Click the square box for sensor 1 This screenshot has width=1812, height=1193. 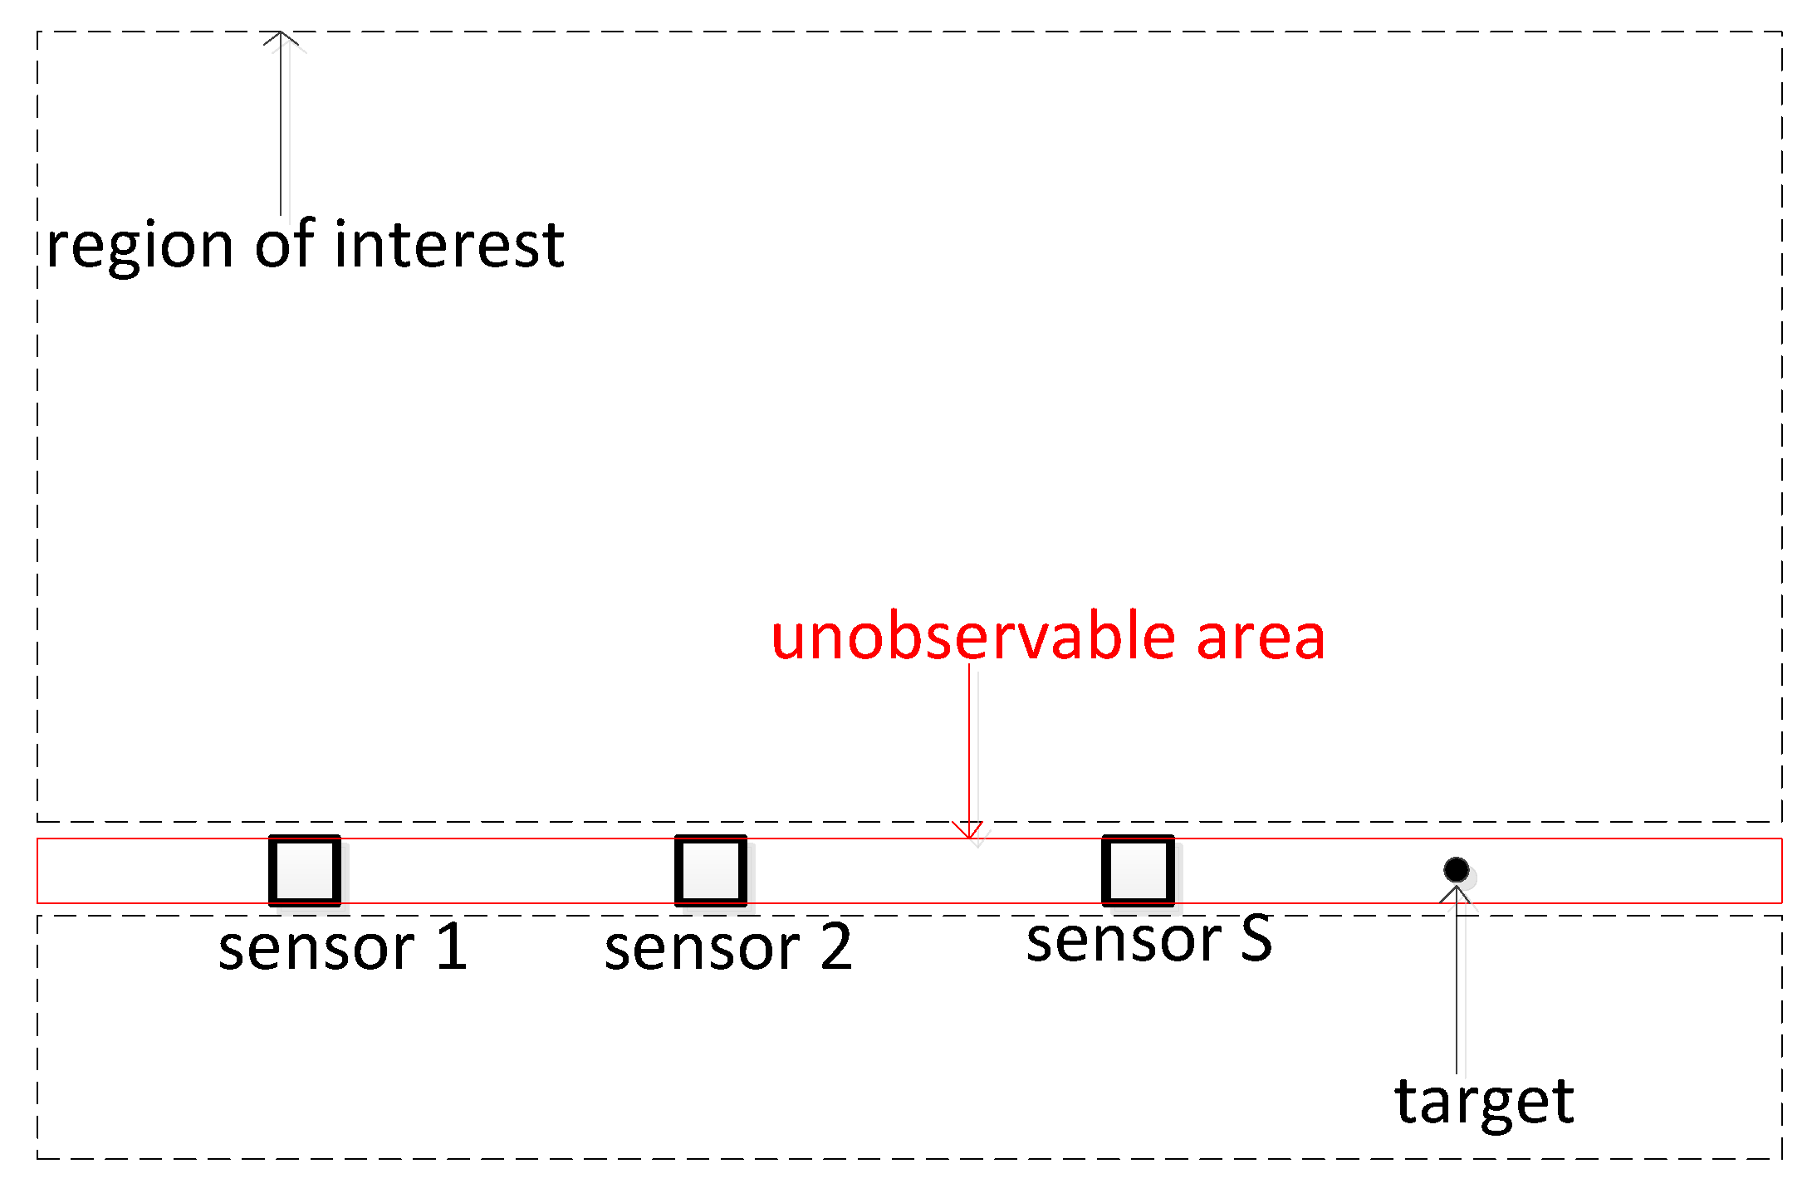305,870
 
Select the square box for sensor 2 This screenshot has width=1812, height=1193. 711,870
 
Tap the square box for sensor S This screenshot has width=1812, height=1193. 1139,870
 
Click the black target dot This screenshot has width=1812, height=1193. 1456,869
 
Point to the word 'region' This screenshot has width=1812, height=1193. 140,247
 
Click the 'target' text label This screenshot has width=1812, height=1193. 1484,1102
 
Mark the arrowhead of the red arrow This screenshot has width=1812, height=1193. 968,831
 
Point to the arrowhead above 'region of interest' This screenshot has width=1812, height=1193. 281,38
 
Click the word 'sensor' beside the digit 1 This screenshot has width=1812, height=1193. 316,948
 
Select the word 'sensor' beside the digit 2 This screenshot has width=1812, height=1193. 703,948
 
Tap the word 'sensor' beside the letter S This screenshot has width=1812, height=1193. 1124,941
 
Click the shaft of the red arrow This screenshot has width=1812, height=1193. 969,747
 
